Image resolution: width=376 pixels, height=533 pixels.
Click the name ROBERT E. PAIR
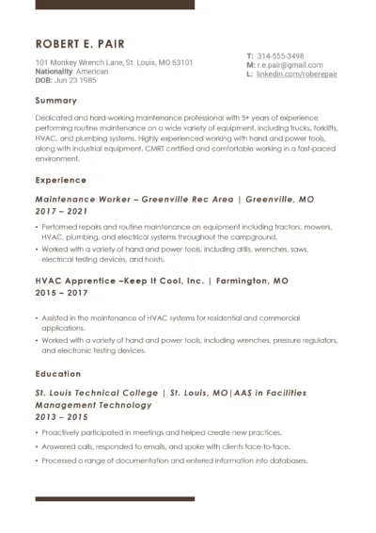pyautogui.click(x=80, y=45)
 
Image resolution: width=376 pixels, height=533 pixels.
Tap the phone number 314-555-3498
pyautogui.click(x=280, y=56)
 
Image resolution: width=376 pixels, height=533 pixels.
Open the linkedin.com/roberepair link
pyautogui.click(x=294, y=73)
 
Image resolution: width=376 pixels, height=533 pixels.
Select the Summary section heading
pyautogui.click(x=56, y=100)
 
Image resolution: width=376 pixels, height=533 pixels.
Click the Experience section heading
pyautogui.click(x=60, y=179)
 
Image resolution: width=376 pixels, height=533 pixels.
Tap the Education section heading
pyautogui.click(x=58, y=374)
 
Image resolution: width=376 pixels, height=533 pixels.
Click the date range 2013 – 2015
pyautogui.click(x=61, y=417)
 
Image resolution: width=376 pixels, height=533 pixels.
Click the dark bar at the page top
pyautogui.click(x=115, y=5)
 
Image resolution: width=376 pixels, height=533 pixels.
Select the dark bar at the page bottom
pyautogui.click(x=115, y=498)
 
